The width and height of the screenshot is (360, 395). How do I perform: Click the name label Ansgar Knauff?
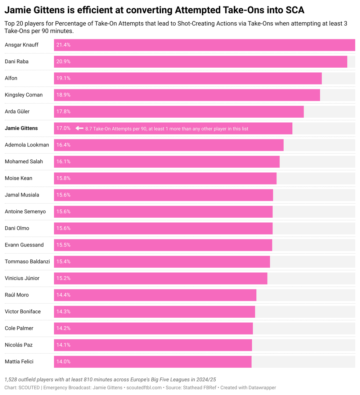pyautogui.click(x=22, y=45)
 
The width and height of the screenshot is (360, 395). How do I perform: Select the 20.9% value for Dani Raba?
pyautogui.click(x=63, y=62)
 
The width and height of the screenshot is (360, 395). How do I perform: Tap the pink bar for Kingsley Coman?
pyautogui.click(x=187, y=95)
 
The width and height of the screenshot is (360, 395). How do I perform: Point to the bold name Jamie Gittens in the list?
pyautogui.click(x=21, y=128)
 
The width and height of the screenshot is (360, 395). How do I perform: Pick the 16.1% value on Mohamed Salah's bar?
pyautogui.click(x=63, y=162)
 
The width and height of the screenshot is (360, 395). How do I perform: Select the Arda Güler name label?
pyautogui.click(x=17, y=112)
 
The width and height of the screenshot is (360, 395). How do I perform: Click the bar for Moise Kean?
pyautogui.click(x=166, y=178)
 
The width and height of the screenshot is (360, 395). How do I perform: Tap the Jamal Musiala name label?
pyautogui.click(x=22, y=195)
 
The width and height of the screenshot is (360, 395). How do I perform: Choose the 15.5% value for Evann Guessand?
pyautogui.click(x=63, y=245)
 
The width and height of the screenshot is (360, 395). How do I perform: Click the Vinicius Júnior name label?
pyautogui.click(x=22, y=278)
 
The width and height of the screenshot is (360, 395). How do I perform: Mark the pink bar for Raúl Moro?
pyautogui.click(x=155, y=295)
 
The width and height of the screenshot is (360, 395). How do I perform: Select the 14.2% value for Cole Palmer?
pyautogui.click(x=63, y=328)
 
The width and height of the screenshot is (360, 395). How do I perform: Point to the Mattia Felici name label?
pyautogui.click(x=19, y=362)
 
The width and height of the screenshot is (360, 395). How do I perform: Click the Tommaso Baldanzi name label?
pyautogui.click(x=27, y=262)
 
